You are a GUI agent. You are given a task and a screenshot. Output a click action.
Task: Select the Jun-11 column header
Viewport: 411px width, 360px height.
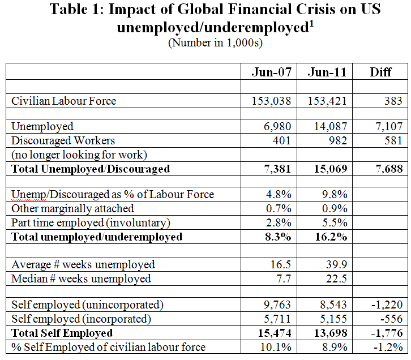(328, 72)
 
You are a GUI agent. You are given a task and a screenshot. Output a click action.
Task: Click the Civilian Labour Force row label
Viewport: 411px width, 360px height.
(64, 101)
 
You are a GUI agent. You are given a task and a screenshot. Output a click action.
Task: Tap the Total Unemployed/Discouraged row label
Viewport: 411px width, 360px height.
(91, 169)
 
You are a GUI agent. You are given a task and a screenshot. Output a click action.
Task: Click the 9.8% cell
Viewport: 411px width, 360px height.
(335, 195)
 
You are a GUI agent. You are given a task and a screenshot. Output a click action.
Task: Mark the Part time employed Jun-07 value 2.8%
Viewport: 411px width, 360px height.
(278, 222)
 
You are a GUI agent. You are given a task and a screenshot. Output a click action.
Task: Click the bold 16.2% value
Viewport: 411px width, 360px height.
(333, 237)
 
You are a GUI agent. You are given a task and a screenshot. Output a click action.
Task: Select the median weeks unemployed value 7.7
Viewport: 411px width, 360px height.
(281, 278)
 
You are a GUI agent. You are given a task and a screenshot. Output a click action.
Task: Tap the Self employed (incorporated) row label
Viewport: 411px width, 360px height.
(82, 319)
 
